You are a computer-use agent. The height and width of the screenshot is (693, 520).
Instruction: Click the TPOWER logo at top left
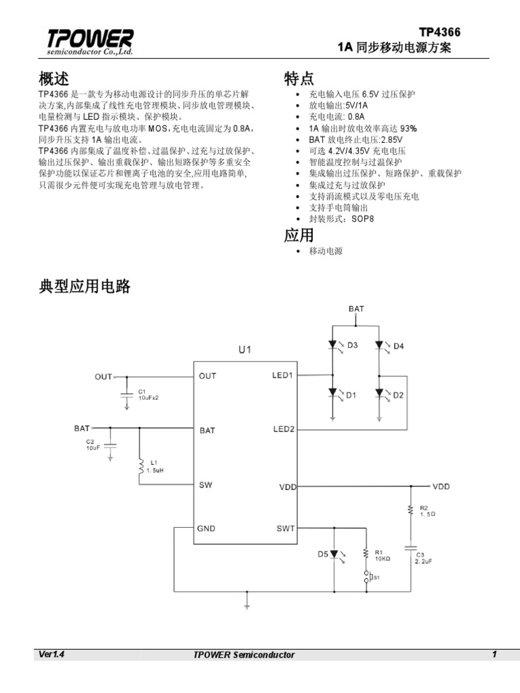pyautogui.click(x=90, y=42)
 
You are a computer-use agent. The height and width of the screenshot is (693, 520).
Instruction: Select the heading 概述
pyautogui.click(x=54, y=78)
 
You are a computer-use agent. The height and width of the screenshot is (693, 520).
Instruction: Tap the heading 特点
pyautogui.click(x=299, y=79)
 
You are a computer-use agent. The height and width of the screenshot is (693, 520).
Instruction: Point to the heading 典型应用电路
pyautogui.click(x=85, y=287)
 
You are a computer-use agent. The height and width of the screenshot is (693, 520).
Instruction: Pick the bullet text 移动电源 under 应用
pyautogui.click(x=326, y=251)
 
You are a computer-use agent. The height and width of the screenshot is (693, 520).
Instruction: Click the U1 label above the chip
pyautogui.click(x=244, y=350)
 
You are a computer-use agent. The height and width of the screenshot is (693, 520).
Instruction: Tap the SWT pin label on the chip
pyautogui.click(x=286, y=529)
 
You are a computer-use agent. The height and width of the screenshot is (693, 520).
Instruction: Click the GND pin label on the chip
pyautogui.click(x=207, y=529)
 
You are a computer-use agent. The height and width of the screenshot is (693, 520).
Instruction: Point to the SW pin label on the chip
pyautogui.click(x=205, y=485)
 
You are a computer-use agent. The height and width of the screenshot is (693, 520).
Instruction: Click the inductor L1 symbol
pyautogui.click(x=140, y=467)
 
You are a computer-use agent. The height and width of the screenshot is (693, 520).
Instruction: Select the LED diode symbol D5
pyautogui.click(x=334, y=554)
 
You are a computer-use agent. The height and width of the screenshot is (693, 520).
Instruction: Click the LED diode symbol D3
pyautogui.click(x=333, y=345)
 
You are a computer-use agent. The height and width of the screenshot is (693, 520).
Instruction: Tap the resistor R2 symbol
pyautogui.click(x=410, y=510)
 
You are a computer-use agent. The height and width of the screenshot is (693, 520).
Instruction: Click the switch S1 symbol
pyautogui.click(x=367, y=577)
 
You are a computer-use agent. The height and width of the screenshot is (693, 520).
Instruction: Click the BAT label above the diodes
pyautogui.click(x=356, y=309)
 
